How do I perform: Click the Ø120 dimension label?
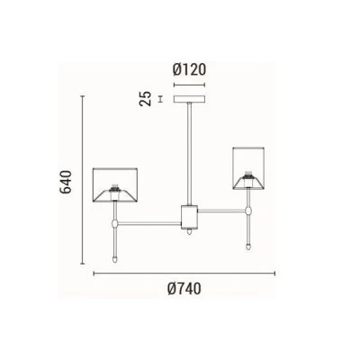190,69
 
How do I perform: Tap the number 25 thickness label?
146,99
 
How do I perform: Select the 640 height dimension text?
66,182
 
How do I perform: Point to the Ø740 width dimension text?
184,289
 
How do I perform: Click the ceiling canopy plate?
190,99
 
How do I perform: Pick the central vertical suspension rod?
190,154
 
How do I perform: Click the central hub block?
189,217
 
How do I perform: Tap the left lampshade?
115,185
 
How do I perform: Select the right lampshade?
248,168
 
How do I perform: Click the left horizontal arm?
149,223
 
